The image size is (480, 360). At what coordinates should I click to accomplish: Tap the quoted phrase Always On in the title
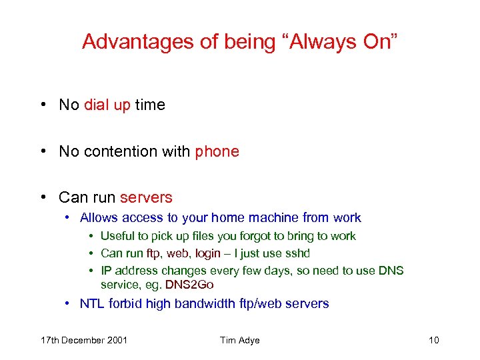(343, 41)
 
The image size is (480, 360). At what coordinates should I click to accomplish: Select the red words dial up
(107, 105)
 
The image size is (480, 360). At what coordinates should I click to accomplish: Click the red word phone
(217, 151)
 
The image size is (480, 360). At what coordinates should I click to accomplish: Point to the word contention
(116, 151)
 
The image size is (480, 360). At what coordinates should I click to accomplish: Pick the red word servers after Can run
(146, 197)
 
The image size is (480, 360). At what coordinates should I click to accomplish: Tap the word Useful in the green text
(117, 236)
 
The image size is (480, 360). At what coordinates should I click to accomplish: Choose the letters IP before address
(106, 271)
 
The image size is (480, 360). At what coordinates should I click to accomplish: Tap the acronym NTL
(92, 304)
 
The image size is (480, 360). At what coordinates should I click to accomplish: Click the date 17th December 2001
(84, 341)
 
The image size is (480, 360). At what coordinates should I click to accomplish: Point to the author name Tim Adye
(239, 341)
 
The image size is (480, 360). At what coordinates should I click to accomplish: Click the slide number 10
(434, 341)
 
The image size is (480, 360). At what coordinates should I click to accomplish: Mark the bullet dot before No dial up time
(43, 105)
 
